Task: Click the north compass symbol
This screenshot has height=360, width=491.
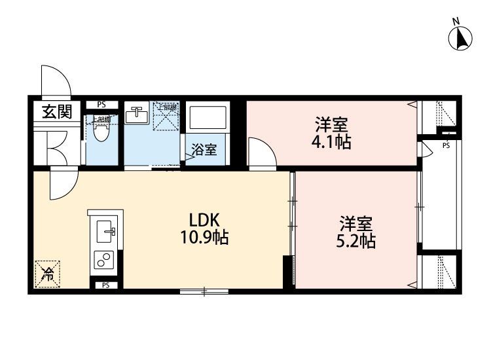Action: [x=461, y=37]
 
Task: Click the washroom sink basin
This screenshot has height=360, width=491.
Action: [x=137, y=116]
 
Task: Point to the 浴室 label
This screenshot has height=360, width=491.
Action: [x=204, y=150]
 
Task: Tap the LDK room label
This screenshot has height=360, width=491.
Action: [x=204, y=219]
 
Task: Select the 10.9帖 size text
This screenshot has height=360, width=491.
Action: [x=204, y=238]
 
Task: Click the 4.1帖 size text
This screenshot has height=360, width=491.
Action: [x=332, y=142]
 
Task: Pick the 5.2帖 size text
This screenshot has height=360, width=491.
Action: [x=356, y=240]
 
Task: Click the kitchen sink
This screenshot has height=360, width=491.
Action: [x=105, y=231]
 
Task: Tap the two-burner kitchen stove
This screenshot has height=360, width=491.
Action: [x=104, y=260]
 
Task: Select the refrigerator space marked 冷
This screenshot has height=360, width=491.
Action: [x=48, y=274]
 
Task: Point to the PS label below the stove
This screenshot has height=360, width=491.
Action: [x=105, y=285]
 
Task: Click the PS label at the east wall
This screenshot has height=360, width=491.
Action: [x=445, y=145]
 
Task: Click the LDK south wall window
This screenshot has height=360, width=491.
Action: [x=204, y=290]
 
